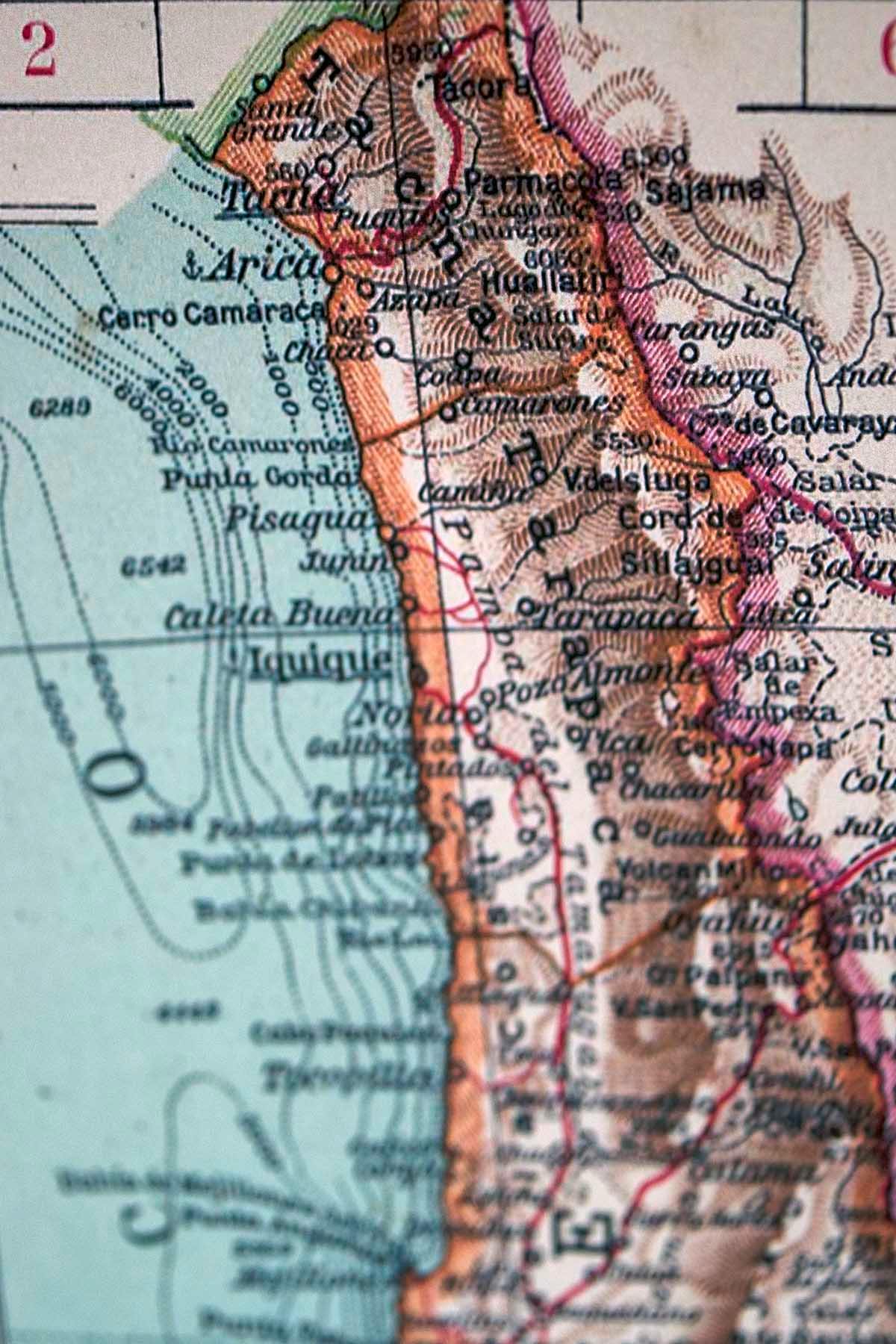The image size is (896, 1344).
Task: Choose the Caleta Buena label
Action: click(x=278, y=617)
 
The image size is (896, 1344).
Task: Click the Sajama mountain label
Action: click(x=705, y=190)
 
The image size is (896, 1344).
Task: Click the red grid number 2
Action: click(x=39, y=50)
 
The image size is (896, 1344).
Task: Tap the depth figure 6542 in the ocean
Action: click(x=155, y=565)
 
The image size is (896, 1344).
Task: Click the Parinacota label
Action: click(x=542, y=181)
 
